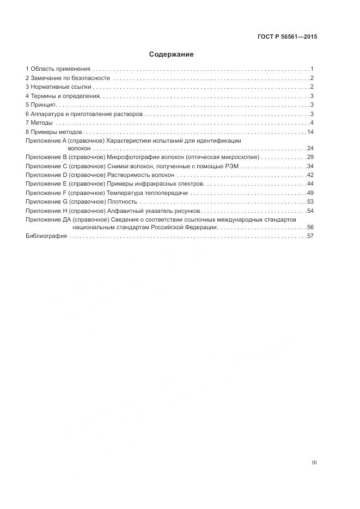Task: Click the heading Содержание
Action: click(171, 54)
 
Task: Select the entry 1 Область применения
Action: click(58, 69)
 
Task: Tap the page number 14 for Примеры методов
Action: click(311, 132)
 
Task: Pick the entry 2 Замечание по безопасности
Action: click(68, 78)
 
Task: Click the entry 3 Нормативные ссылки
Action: click(60, 87)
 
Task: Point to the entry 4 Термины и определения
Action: click(63, 96)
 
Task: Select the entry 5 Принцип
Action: click(41, 105)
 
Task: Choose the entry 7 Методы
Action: click(39, 123)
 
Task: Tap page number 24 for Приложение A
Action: click(310, 148)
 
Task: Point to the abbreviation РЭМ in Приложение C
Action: click(233, 166)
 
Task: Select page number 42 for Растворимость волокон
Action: click(310, 175)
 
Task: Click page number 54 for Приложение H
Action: click(310, 211)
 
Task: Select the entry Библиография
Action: click(46, 236)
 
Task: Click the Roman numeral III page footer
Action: click(314, 463)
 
